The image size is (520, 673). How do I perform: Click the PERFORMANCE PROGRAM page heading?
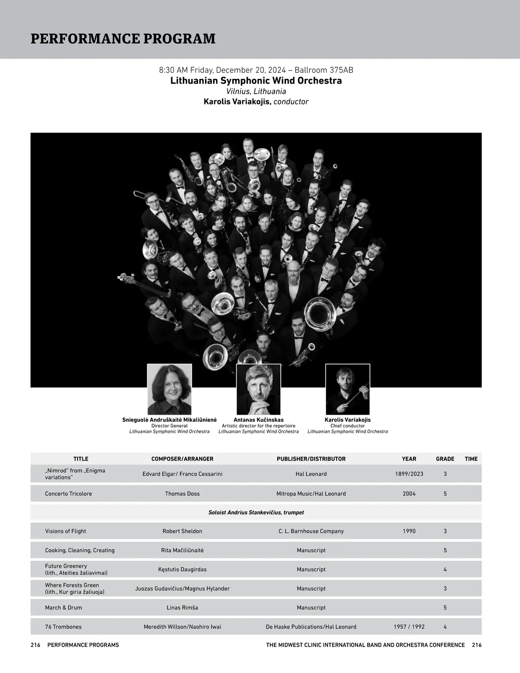[x=123, y=39]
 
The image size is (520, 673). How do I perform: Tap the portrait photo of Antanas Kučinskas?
[x=258, y=389]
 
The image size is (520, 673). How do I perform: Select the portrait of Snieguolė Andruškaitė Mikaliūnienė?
[x=169, y=389]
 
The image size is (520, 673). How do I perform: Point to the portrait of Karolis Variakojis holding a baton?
[x=348, y=389]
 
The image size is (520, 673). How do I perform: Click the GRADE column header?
[x=445, y=459]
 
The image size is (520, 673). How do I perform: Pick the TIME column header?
[x=471, y=459]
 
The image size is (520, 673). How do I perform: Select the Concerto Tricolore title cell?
[x=68, y=494]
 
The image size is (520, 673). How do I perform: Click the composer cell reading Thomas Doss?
[x=182, y=494]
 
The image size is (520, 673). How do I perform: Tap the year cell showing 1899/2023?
[x=409, y=474]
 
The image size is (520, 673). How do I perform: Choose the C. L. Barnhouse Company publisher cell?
[x=311, y=531]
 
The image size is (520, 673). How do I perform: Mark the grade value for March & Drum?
[x=445, y=608]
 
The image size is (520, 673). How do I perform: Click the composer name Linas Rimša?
[x=182, y=608]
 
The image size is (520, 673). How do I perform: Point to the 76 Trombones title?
[x=63, y=627]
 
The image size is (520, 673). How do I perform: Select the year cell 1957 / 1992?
[x=409, y=627]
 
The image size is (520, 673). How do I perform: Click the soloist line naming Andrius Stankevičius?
[x=256, y=513]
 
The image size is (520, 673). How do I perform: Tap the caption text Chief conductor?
[x=348, y=426]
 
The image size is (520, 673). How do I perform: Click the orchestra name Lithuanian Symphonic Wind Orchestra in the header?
[x=256, y=81]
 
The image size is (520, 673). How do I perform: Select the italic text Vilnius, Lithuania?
[x=256, y=91]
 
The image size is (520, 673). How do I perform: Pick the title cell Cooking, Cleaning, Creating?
[x=80, y=550]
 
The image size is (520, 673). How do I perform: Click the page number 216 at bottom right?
[x=477, y=645]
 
